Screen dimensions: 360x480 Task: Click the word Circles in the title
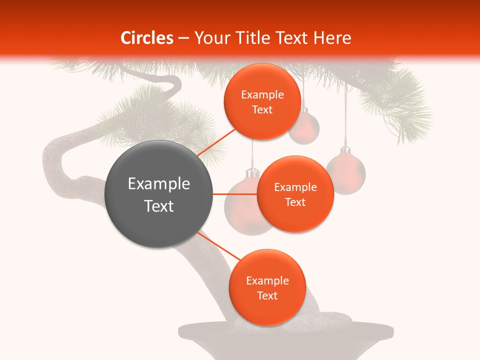pos(147,38)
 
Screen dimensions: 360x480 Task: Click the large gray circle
pos(158,194)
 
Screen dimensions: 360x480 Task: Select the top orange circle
pos(262,102)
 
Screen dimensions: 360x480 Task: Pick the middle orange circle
pos(295,194)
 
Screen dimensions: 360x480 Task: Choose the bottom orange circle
pos(267,288)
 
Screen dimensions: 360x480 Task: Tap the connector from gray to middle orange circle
pos(235,194)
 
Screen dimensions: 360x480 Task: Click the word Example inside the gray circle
pos(158,184)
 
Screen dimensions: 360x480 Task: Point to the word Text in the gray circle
pos(158,206)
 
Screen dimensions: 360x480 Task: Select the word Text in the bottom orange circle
pos(267,295)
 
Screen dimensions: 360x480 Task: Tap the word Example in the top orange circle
pos(262,94)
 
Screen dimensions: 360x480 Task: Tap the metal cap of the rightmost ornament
pos(344,151)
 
